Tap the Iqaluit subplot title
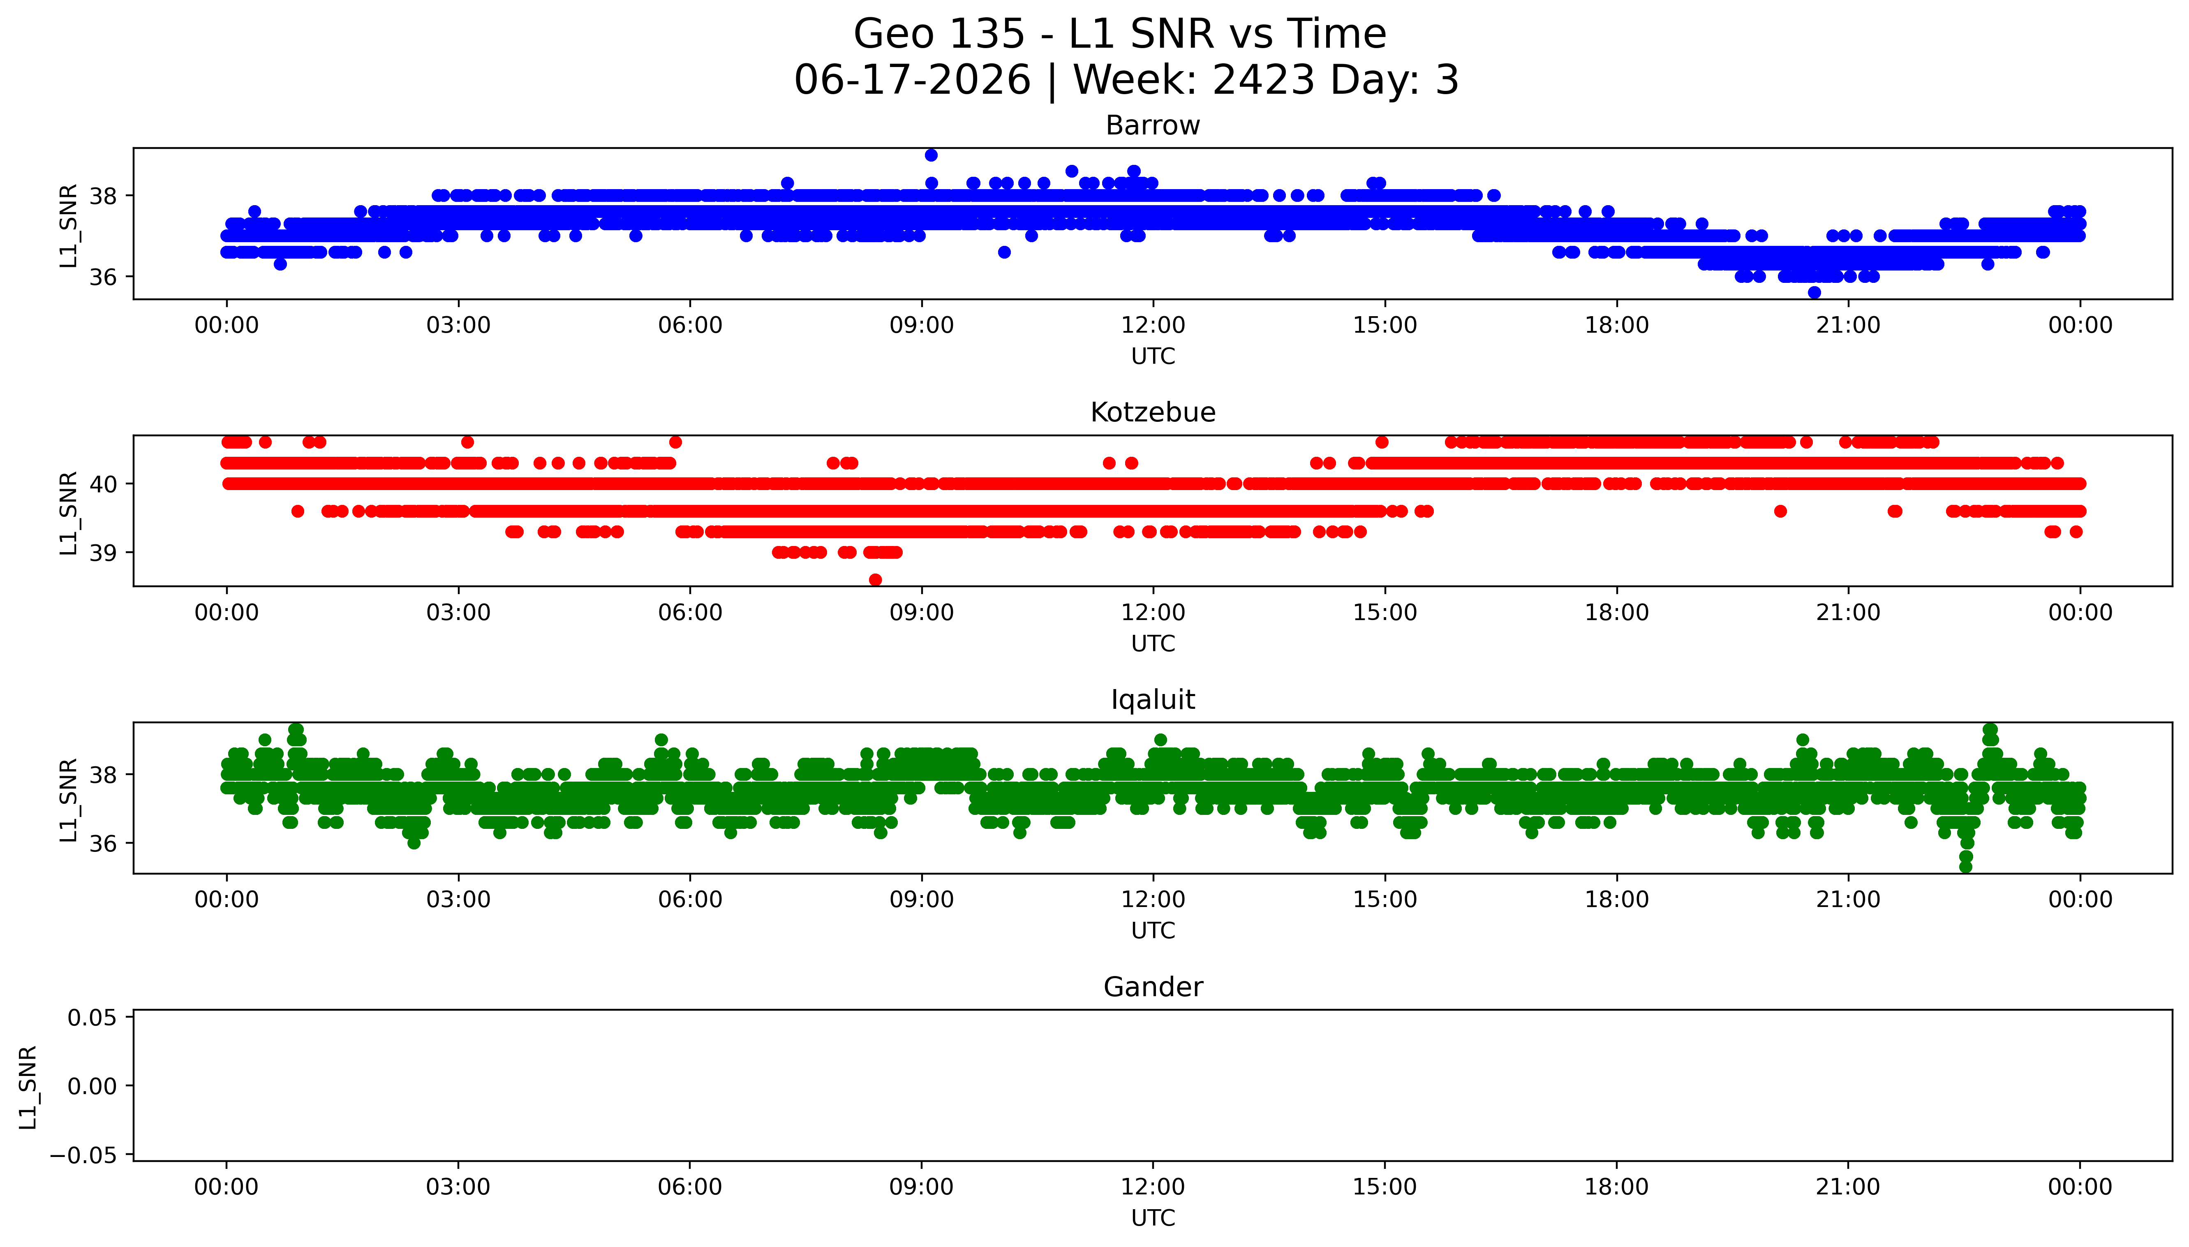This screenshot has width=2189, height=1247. pyautogui.click(x=1152, y=700)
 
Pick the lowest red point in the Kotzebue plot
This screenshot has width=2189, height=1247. pyautogui.click(x=875, y=580)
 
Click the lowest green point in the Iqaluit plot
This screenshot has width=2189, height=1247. pyautogui.click(x=1965, y=867)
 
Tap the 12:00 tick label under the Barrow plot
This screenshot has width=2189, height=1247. pyautogui.click(x=1153, y=326)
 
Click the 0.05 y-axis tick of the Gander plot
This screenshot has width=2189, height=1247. pyautogui.click(x=92, y=1018)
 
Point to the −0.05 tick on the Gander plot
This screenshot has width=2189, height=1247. pyautogui.click(x=84, y=1155)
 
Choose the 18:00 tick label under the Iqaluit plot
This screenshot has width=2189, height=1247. pyautogui.click(x=1616, y=900)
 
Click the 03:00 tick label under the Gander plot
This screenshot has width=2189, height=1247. pyautogui.click(x=458, y=1187)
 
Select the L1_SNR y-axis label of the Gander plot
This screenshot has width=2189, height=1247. pyautogui.click(x=28, y=1086)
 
